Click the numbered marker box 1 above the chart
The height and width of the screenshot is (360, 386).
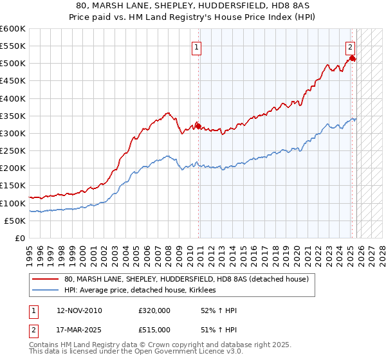(x=196, y=46)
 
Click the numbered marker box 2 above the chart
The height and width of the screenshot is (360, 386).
(x=350, y=46)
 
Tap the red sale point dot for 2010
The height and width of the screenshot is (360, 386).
(x=198, y=126)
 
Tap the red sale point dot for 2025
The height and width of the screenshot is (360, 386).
(x=352, y=59)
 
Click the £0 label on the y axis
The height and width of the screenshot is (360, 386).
(x=19, y=238)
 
